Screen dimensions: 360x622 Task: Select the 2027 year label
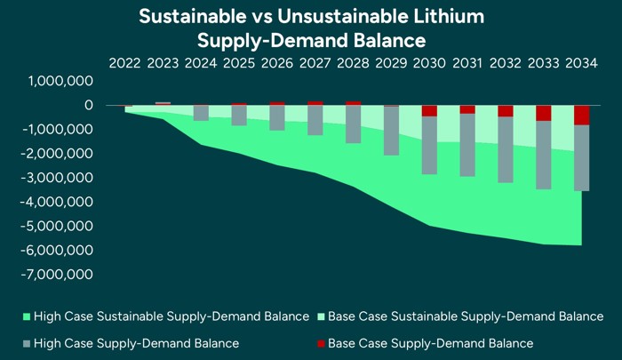pos(315,64)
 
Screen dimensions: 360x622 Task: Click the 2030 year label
pos(429,64)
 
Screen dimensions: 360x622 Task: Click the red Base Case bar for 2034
pos(581,115)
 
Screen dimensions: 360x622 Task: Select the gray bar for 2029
pos(391,131)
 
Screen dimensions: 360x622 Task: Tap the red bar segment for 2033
pos(543,113)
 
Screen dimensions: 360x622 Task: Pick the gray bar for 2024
pos(202,113)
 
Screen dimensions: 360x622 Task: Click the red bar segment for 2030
pos(429,110)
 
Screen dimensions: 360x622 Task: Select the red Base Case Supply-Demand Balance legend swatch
pos(321,343)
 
